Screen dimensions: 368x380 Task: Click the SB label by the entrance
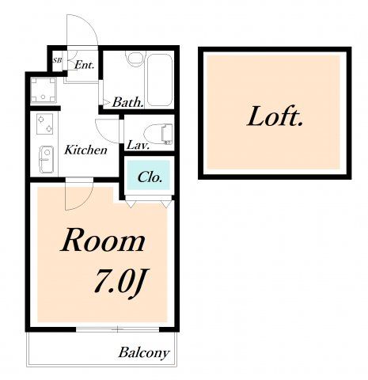[57, 60]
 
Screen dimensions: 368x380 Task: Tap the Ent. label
[84, 65]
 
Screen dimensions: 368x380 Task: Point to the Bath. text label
[128, 102]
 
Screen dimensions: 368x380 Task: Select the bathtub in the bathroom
[160, 80]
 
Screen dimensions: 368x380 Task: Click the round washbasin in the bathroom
[135, 58]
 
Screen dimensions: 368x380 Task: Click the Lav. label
[138, 146]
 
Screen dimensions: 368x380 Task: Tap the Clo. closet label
[150, 177]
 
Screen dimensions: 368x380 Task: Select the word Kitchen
[85, 150]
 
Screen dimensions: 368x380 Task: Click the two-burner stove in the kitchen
[44, 123]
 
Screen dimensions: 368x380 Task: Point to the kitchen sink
[46, 159]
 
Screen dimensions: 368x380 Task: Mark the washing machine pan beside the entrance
[44, 90]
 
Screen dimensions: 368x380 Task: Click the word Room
[103, 241]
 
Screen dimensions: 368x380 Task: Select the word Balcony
[144, 353]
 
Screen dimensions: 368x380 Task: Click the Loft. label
[275, 117]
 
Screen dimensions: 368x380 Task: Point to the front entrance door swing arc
[89, 23]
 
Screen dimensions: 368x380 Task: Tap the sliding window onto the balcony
[118, 329]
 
